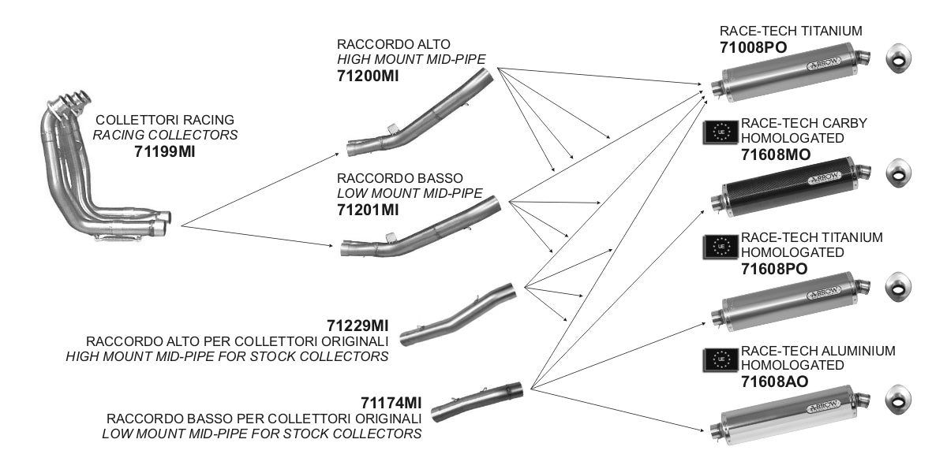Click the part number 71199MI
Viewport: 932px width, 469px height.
[x=164, y=151]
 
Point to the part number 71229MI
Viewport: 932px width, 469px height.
[x=357, y=326]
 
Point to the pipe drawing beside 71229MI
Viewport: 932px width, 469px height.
[x=458, y=315]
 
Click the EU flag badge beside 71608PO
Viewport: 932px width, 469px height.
[x=720, y=247]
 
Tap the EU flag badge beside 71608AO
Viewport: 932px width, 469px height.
[x=720, y=360]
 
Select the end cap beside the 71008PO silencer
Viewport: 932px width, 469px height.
[x=897, y=59]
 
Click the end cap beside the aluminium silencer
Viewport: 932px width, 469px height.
[x=897, y=399]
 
